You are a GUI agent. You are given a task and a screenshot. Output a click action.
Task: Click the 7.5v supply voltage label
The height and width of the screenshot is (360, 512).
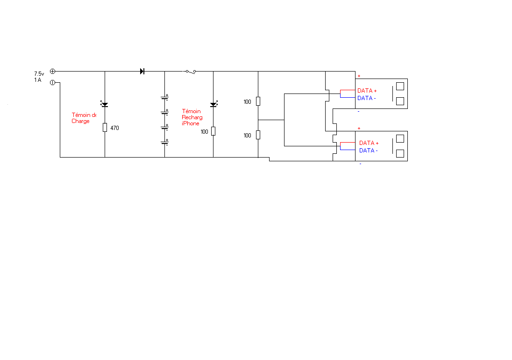click(x=39, y=74)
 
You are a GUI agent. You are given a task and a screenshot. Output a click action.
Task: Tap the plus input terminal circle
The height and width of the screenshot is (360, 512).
click(x=52, y=72)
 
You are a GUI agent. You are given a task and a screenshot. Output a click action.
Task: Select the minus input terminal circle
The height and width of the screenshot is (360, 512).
click(x=52, y=83)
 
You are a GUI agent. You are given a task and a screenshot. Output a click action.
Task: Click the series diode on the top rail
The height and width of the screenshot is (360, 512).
click(x=142, y=72)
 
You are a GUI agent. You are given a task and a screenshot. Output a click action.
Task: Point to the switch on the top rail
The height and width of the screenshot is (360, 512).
click(x=190, y=72)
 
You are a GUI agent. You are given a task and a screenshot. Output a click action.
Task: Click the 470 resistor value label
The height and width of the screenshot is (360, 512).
click(x=114, y=128)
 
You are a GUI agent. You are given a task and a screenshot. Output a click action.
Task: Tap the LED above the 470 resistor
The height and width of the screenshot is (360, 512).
click(x=105, y=104)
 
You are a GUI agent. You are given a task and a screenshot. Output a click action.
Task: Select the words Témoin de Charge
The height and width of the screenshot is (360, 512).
click(x=84, y=118)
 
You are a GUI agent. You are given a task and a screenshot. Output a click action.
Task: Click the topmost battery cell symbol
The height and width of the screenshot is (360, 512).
click(x=165, y=98)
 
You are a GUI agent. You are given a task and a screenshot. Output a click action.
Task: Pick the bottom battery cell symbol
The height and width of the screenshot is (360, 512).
click(x=165, y=142)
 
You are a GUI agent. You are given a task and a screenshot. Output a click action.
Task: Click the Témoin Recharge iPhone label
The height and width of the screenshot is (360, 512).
click(x=192, y=117)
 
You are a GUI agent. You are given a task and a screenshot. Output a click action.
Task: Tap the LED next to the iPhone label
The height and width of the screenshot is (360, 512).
click(x=213, y=104)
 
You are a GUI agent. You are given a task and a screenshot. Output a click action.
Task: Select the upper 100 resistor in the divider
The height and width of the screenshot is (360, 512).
click(x=258, y=101)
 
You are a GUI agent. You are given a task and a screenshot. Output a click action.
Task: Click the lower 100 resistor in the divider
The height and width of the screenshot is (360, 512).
click(x=258, y=135)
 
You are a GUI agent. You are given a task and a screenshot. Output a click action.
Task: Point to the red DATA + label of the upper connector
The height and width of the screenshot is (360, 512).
click(x=367, y=91)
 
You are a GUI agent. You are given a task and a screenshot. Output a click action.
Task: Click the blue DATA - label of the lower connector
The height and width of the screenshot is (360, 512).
click(x=368, y=151)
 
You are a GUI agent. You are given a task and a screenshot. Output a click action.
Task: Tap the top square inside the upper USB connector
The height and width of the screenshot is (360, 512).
click(x=400, y=86)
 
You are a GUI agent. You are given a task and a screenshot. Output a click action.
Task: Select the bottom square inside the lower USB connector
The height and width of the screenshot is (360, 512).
click(x=400, y=153)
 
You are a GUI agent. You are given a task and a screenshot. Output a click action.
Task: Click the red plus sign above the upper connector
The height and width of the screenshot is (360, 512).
click(x=359, y=76)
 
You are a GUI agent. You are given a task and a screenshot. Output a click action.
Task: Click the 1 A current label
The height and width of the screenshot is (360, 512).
click(x=37, y=80)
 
